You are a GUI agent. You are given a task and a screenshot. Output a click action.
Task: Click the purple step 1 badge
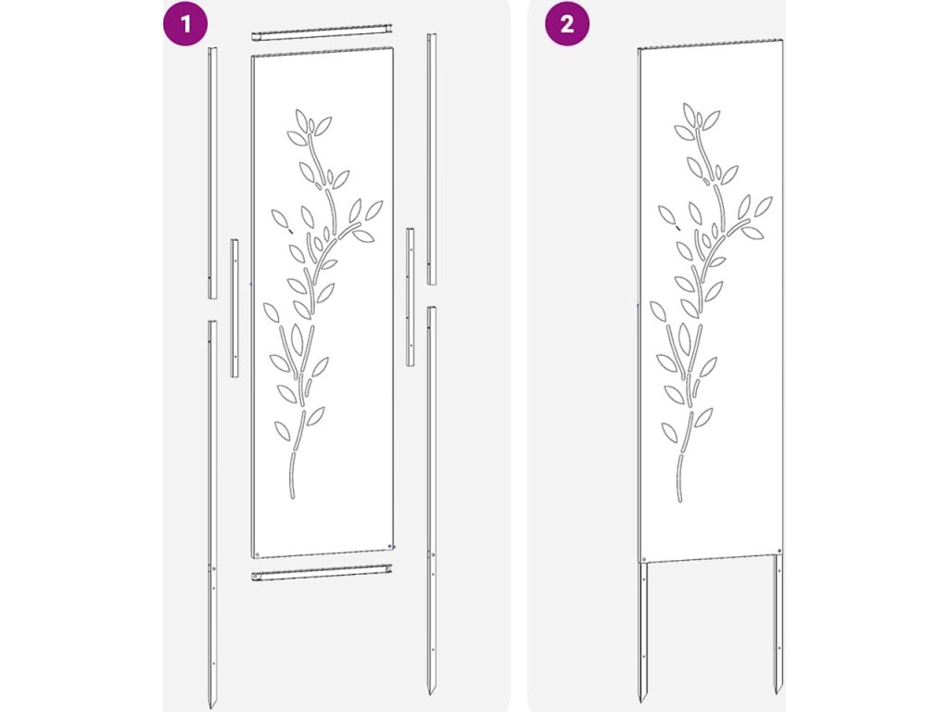pos(185,24)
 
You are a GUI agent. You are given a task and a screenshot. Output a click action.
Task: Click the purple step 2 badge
pos(567,24)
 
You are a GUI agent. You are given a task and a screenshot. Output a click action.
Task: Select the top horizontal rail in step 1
pos(322,32)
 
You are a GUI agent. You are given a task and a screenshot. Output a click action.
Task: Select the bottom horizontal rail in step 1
pos(322,573)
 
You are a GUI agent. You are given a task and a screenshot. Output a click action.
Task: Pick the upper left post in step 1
pos(212,172)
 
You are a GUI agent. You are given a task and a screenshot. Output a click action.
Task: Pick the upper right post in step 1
pos(432,159)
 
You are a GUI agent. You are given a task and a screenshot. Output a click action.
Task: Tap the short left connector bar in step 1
pos(234,308)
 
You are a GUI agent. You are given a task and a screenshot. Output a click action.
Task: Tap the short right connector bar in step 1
pos(411,298)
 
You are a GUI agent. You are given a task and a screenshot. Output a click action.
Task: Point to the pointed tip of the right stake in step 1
pos(430,694)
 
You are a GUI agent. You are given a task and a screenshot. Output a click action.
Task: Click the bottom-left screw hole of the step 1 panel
pos(258,554)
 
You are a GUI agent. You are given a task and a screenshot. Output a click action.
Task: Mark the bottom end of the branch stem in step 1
pos(293,497)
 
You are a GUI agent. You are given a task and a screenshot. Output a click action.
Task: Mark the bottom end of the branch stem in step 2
pos(679,500)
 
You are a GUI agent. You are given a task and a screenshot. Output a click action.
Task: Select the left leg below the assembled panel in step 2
pos(643,630)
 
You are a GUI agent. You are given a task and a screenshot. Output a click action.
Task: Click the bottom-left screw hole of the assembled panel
pos(644,559)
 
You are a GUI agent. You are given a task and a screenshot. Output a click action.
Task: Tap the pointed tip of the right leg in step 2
pos(777,693)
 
